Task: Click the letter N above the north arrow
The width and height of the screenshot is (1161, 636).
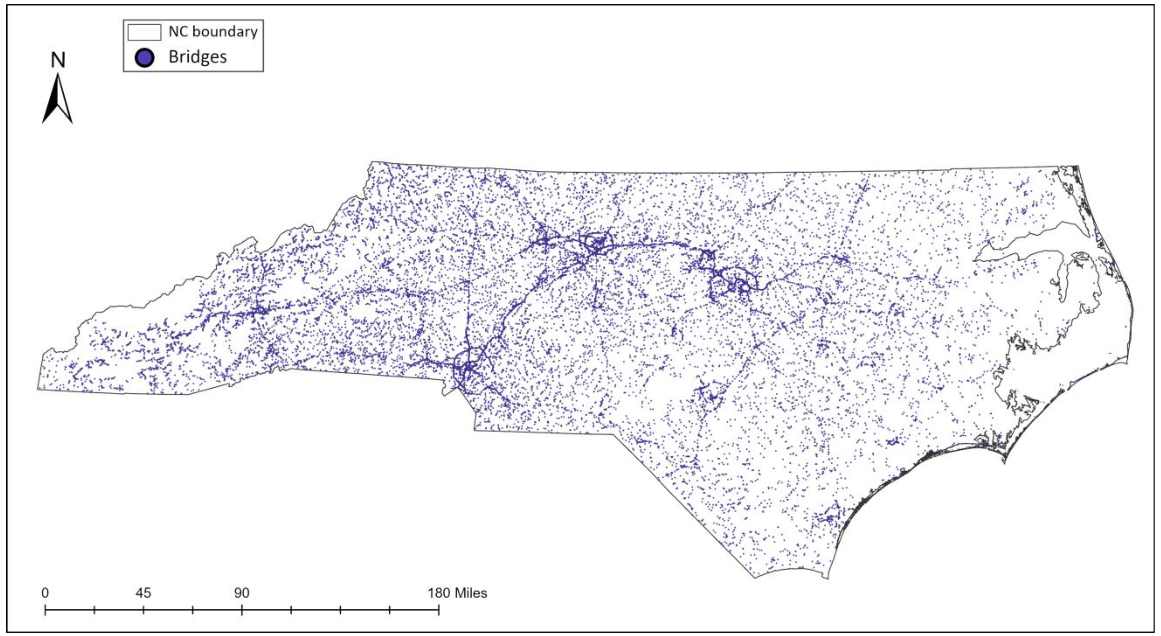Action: point(58,60)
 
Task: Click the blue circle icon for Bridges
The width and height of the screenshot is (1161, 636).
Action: point(144,57)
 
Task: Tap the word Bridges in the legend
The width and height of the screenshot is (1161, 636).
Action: point(197,57)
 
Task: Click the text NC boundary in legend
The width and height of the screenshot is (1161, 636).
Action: point(213,31)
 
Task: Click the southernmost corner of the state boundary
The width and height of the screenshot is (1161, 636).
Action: point(755,577)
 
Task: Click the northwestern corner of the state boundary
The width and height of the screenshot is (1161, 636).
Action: point(371,162)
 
